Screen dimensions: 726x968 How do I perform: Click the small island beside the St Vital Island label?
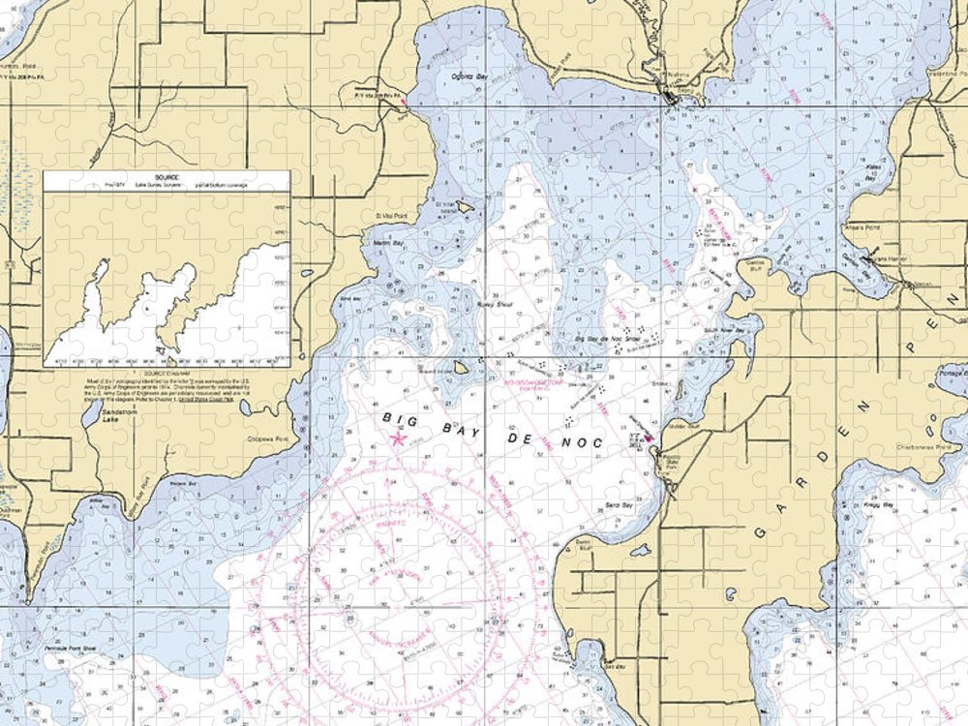point(465,206)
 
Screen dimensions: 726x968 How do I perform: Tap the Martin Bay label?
point(387,241)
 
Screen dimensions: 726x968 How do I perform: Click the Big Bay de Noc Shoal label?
point(607,340)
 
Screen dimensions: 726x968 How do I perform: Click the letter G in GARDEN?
point(758,535)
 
